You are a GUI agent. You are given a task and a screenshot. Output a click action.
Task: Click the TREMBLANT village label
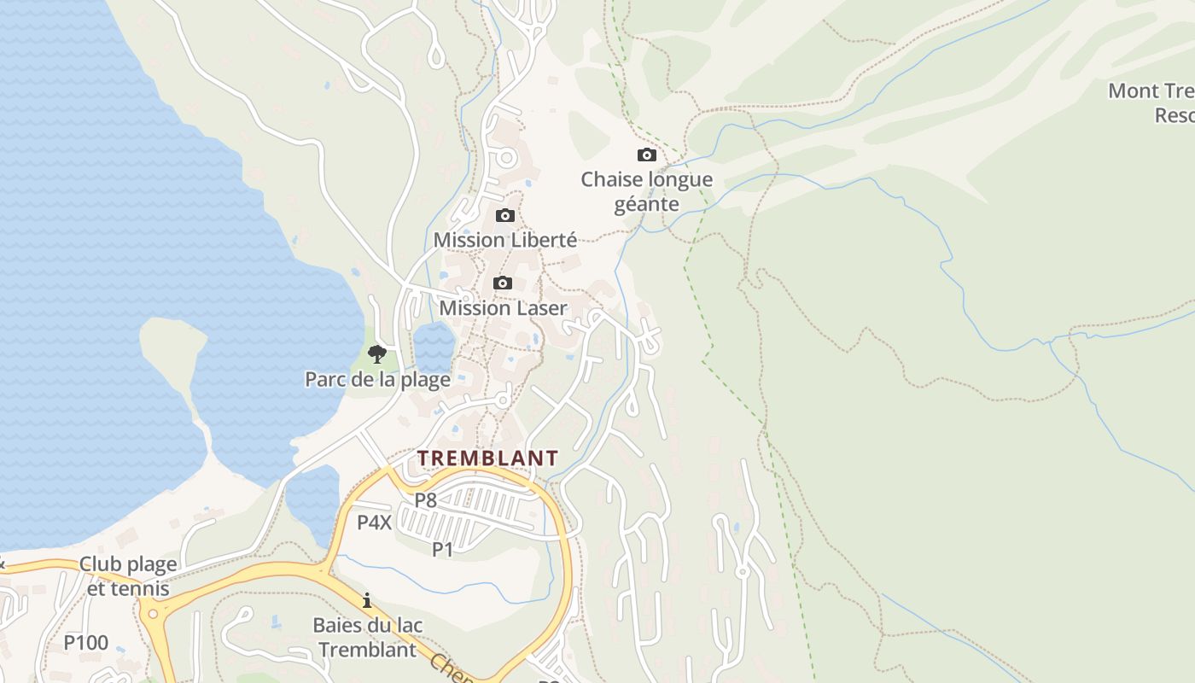pyautogui.click(x=487, y=458)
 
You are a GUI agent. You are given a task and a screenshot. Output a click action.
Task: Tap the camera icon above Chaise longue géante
pyautogui.click(x=647, y=155)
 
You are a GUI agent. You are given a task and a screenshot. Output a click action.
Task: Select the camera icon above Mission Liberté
pyautogui.click(x=505, y=215)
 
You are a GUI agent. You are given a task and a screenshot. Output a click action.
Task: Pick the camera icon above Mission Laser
pyautogui.click(x=503, y=283)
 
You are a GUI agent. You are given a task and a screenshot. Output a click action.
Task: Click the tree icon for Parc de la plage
pyautogui.click(x=376, y=353)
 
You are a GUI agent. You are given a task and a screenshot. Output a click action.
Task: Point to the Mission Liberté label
pyautogui.click(x=505, y=240)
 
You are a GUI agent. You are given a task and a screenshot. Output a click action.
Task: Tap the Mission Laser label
pyautogui.click(x=503, y=307)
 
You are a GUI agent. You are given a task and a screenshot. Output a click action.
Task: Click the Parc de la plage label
pyautogui.click(x=377, y=379)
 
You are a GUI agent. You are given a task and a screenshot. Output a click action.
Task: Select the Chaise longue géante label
pyautogui.click(x=647, y=191)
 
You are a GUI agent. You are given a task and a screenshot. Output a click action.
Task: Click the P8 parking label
pyautogui.click(x=426, y=500)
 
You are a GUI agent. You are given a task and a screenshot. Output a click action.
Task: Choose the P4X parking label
pyautogui.click(x=374, y=522)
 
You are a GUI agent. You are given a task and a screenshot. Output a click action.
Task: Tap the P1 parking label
pyautogui.click(x=442, y=550)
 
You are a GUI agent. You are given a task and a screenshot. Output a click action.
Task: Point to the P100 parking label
pyautogui.click(x=86, y=643)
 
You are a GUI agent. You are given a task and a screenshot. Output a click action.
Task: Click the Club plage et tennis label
pyautogui.click(x=128, y=576)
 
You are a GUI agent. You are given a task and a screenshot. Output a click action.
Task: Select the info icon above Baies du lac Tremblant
pyautogui.click(x=367, y=600)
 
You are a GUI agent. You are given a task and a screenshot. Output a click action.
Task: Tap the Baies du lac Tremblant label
pyautogui.click(x=367, y=637)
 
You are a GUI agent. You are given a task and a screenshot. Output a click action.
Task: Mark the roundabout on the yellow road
pyautogui.click(x=154, y=612)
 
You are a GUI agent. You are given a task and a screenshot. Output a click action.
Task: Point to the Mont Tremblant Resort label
pyautogui.click(x=1152, y=102)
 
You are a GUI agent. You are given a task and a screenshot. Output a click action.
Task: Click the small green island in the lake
pyautogui.click(x=172, y=341)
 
